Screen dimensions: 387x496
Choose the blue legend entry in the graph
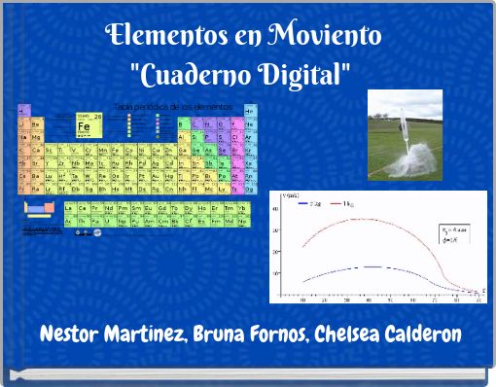312,203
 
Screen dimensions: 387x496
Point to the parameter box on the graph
452,236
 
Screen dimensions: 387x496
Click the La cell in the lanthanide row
69,207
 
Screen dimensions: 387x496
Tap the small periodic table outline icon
37,209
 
